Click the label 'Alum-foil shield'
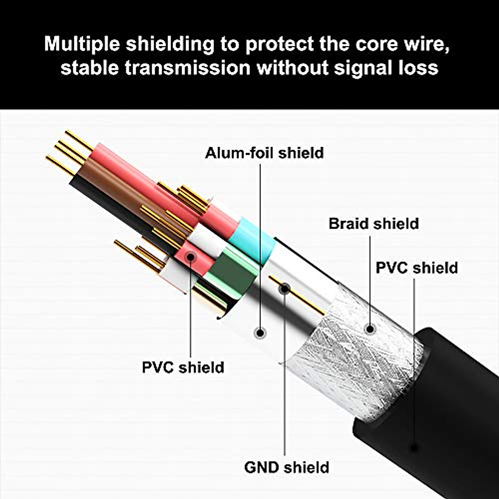coord(264,153)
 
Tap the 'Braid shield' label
coord(373,224)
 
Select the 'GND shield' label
coord(287,467)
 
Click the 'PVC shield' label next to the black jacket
coord(416,268)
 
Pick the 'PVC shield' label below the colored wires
coord(183,368)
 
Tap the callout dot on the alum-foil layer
coord(261,333)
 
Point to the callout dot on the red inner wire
coord(190,257)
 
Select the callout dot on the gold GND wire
coord(285,289)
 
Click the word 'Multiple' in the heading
coord(82,44)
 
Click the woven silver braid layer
coord(358,362)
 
